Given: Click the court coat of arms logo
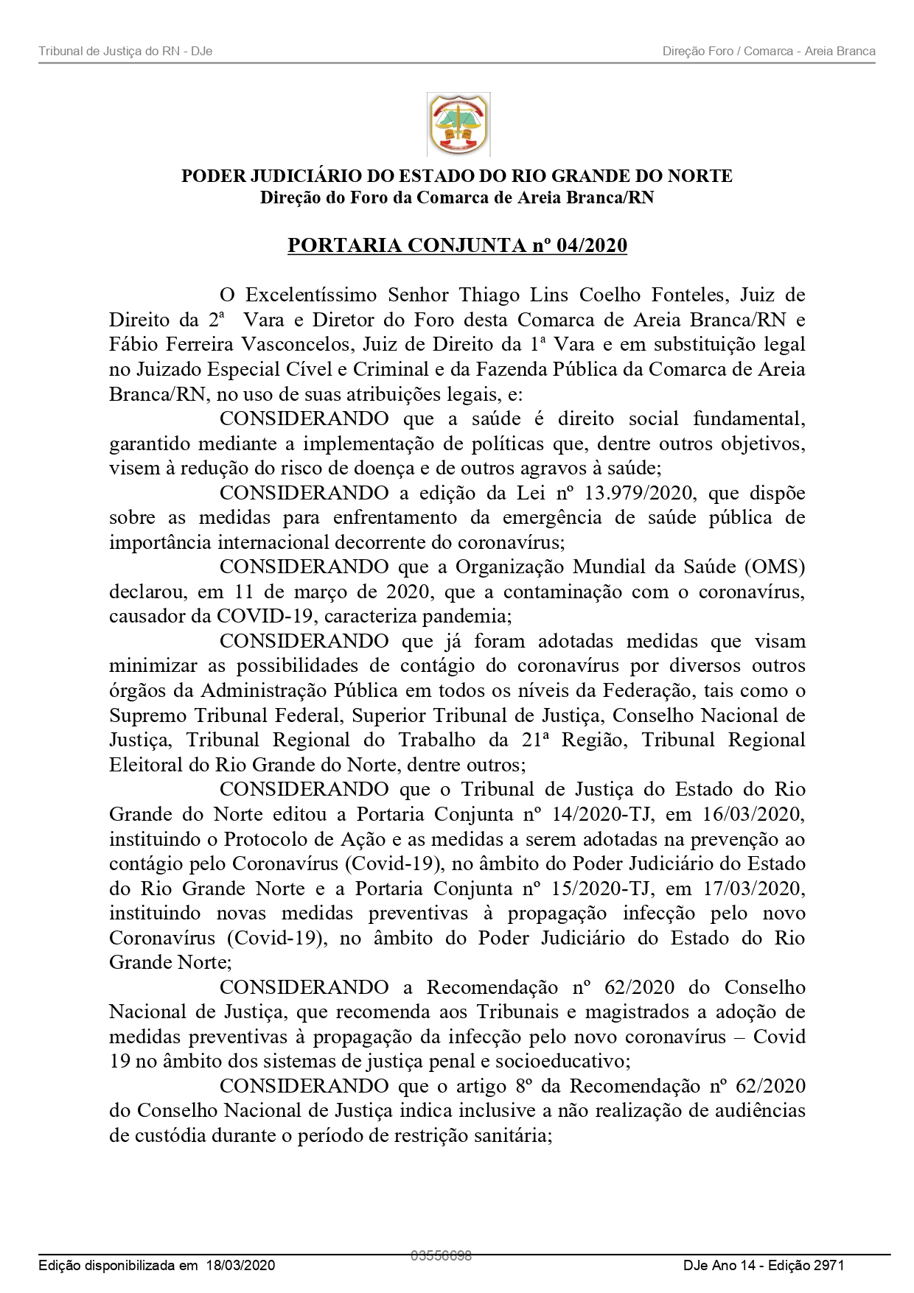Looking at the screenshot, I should point(458,124).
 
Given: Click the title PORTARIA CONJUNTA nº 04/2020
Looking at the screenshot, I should point(457,245).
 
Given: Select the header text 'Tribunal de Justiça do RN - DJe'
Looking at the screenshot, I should point(125,51).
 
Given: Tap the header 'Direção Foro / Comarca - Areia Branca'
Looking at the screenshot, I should point(769,51).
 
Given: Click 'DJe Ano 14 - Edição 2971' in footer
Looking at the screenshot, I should point(763,1265).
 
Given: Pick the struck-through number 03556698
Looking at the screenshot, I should point(441,1255).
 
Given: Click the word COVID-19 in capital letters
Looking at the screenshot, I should point(265,616).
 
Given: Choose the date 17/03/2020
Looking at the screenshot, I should point(753,889).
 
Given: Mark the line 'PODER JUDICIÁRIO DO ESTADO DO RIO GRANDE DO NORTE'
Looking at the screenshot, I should point(457,176).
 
